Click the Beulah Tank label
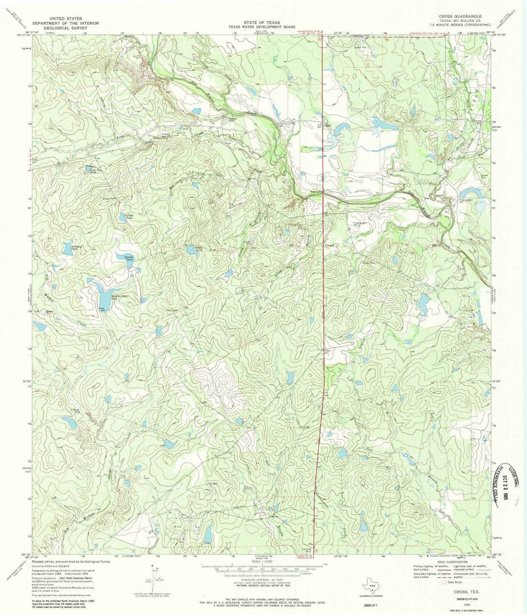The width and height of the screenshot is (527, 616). [x=129, y=259]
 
